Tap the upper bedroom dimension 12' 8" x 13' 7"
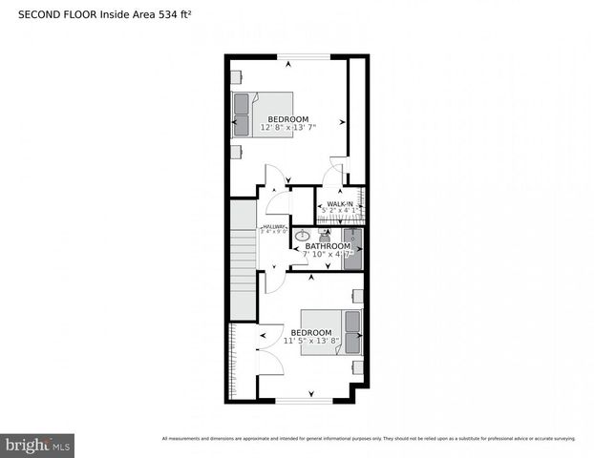click(288, 126)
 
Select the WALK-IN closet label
click(341, 203)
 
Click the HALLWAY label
click(275, 226)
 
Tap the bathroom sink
click(303, 235)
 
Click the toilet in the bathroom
click(324, 233)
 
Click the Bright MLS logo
click(38, 444)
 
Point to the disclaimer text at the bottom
click(369, 439)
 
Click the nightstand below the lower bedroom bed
click(356, 366)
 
